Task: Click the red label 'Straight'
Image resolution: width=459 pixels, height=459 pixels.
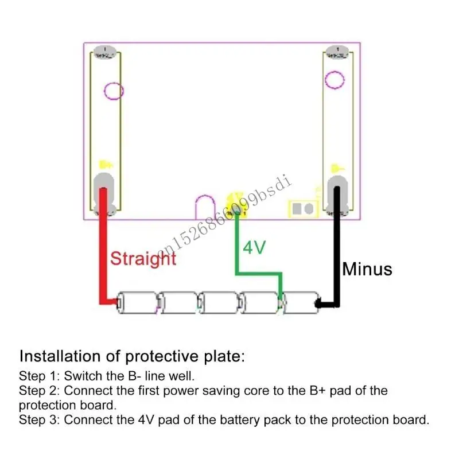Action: pyautogui.click(x=143, y=258)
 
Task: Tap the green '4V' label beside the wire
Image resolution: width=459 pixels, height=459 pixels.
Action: pyautogui.click(x=254, y=248)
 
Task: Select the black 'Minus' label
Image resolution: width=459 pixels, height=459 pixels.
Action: pyautogui.click(x=367, y=269)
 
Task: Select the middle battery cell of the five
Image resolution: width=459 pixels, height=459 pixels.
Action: pyautogui.click(x=218, y=302)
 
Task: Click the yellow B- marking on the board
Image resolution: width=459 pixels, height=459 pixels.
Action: pyautogui.click(x=337, y=168)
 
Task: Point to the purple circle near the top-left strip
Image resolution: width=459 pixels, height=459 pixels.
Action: pyautogui.click(x=114, y=90)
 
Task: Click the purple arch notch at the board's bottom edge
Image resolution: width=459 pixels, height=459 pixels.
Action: pyautogui.click(x=205, y=207)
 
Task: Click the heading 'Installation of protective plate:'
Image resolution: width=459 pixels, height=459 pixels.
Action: pyautogui.click(x=132, y=356)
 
